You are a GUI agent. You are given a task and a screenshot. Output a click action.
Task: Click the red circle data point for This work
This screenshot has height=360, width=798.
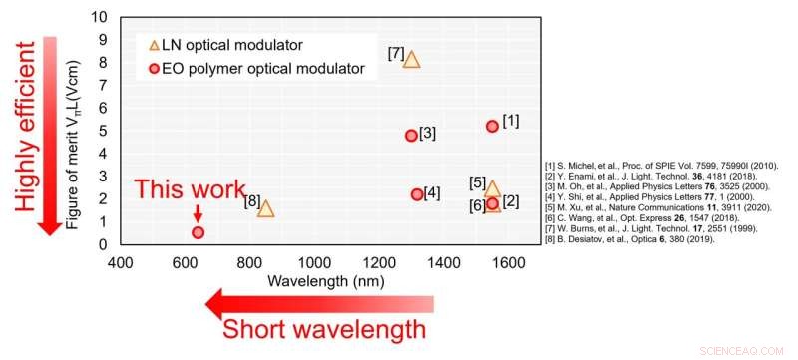[198, 232]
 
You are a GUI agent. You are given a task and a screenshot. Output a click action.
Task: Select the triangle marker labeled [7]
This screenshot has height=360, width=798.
[411, 59]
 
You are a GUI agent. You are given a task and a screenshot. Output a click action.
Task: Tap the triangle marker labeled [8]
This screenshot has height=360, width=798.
[265, 208]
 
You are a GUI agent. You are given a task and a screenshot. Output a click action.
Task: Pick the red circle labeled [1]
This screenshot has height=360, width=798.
[492, 126]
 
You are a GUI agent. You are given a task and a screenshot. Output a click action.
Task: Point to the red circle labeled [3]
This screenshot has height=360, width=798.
[411, 136]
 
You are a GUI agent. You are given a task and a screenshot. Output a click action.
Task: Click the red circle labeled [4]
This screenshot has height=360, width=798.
[417, 194]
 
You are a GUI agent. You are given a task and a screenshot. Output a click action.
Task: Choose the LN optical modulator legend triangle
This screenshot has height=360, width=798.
[154, 46]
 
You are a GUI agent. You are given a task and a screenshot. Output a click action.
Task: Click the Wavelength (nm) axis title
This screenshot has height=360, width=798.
[315, 281]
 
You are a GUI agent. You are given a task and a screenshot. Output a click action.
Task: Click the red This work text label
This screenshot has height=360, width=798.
[190, 188]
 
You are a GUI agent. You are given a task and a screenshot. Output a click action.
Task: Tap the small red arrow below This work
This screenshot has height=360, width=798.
[198, 211]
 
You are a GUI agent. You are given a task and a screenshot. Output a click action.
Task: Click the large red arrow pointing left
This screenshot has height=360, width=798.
[319, 303]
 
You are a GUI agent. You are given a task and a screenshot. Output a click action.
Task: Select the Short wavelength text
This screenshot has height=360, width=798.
[326, 329]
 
